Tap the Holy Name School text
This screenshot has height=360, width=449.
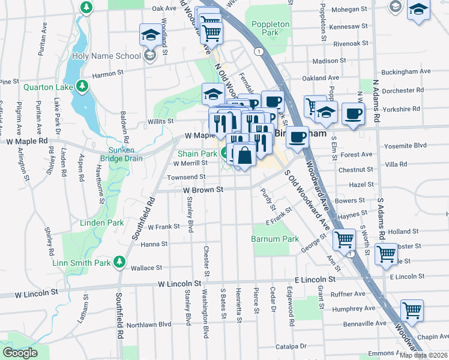pos(107,56)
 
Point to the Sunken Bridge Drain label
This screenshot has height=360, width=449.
pos(125,154)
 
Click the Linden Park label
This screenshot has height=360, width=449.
pos(102,223)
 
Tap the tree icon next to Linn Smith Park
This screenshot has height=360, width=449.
pos(119,262)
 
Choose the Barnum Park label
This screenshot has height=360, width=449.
pos(275,239)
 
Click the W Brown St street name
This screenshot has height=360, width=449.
pos(203,190)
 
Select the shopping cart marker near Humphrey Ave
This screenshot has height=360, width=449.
pos(412,310)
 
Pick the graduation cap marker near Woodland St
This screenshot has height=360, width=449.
pos(151,34)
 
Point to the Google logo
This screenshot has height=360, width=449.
pos(19,353)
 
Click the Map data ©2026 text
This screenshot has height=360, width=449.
pos(423,355)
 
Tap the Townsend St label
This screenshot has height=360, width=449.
pos(186,177)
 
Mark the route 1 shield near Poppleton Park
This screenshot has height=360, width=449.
pos(258,52)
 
